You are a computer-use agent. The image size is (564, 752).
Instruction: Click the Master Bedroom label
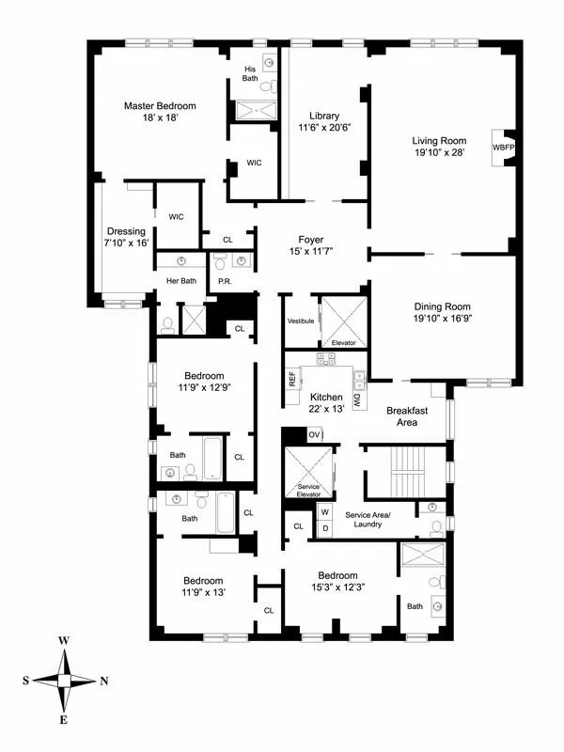tap(159, 106)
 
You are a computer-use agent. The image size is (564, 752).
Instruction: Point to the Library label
tap(318, 116)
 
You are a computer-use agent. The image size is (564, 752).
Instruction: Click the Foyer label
tap(310, 239)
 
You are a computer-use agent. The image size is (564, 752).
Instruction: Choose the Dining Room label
tap(443, 306)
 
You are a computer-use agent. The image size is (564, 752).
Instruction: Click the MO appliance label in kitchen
tap(358, 400)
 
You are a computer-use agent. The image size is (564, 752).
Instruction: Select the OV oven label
tap(314, 435)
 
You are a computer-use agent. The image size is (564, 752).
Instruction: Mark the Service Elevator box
tap(309, 476)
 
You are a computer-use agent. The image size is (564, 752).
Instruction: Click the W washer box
tap(325, 512)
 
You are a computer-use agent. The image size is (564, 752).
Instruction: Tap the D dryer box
tap(325, 528)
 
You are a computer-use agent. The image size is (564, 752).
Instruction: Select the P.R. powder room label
tap(226, 281)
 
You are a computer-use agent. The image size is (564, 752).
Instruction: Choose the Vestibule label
tap(300, 321)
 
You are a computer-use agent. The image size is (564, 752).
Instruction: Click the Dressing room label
tap(126, 231)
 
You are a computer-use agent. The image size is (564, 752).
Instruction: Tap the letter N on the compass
tap(103, 680)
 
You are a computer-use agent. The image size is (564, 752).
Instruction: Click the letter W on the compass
tap(64, 640)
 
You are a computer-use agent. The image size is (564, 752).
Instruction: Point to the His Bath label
tap(251, 73)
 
